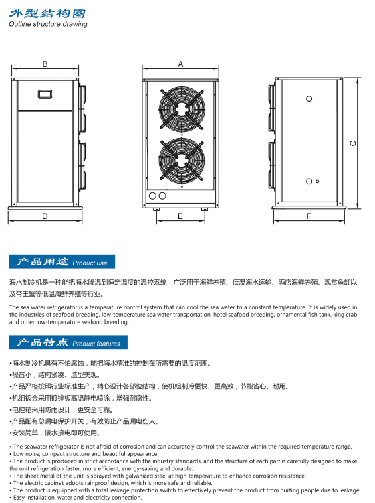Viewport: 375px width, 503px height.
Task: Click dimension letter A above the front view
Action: tap(180, 64)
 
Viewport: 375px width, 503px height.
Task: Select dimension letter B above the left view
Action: tap(45, 64)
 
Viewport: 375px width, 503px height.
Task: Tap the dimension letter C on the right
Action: tap(352, 143)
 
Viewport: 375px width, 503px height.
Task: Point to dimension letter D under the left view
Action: tap(45, 216)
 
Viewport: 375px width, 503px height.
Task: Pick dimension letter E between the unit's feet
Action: tap(180, 216)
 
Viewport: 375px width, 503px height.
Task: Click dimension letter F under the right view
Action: tap(309, 216)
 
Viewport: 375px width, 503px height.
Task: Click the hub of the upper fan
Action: tap(182, 109)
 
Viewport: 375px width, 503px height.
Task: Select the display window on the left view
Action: tap(45, 94)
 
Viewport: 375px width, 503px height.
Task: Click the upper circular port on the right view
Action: tap(309, 99)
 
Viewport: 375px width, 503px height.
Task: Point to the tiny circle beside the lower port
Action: tap(318, 182)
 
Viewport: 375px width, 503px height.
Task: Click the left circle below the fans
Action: tap(153, 196)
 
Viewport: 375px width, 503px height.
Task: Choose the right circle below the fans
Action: tap(162, 196)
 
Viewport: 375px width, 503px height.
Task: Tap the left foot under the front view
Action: tap(156, 210)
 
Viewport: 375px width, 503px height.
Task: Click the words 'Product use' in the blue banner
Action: tap(90, 263)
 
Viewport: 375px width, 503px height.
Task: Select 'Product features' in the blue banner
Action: tap(96, 344)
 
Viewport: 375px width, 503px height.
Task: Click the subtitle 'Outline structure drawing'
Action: tap(48, 24)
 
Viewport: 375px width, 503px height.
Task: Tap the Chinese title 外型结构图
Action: tap(47, 13)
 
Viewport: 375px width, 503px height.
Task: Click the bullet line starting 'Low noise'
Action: tap(84, 454)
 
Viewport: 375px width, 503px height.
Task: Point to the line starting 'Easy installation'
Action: tap(76, 498)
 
